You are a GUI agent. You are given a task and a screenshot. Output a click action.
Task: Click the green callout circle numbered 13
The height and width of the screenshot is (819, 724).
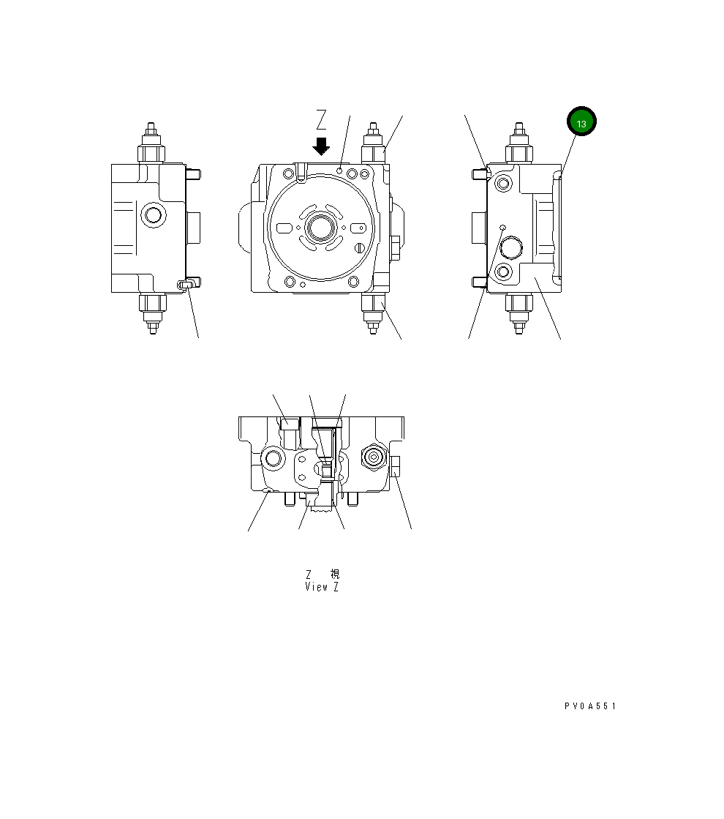tap(581, 123)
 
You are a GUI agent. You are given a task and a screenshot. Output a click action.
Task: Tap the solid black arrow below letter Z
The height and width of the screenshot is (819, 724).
tap(320, 146)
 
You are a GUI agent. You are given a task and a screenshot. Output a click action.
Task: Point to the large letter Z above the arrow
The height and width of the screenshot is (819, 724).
tap(321, 119)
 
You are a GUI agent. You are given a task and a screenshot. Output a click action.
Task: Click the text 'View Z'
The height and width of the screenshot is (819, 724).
tap(322, 587)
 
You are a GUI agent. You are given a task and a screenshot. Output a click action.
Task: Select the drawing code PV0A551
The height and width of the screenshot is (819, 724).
tap(590, 706)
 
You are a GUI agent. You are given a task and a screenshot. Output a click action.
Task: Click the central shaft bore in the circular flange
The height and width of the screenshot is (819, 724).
tap(321, 227)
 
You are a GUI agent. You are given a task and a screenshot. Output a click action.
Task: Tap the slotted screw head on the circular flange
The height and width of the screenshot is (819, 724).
tap(359, 247)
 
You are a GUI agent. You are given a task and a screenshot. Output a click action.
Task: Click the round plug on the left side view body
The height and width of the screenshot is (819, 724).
tap(153, 215)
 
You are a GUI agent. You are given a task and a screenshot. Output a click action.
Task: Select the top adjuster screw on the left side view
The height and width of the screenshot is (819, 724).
tap(152, 143)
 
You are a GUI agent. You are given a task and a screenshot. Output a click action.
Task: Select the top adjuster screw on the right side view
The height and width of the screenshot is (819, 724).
tap(519, 143)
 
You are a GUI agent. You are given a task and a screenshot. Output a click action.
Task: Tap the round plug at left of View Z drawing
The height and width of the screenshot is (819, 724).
tap(275, 459)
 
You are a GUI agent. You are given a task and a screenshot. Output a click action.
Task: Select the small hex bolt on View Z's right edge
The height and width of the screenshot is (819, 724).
tap(396, 465)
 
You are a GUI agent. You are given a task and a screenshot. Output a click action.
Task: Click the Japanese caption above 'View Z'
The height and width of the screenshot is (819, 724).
tap(322, 575)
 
